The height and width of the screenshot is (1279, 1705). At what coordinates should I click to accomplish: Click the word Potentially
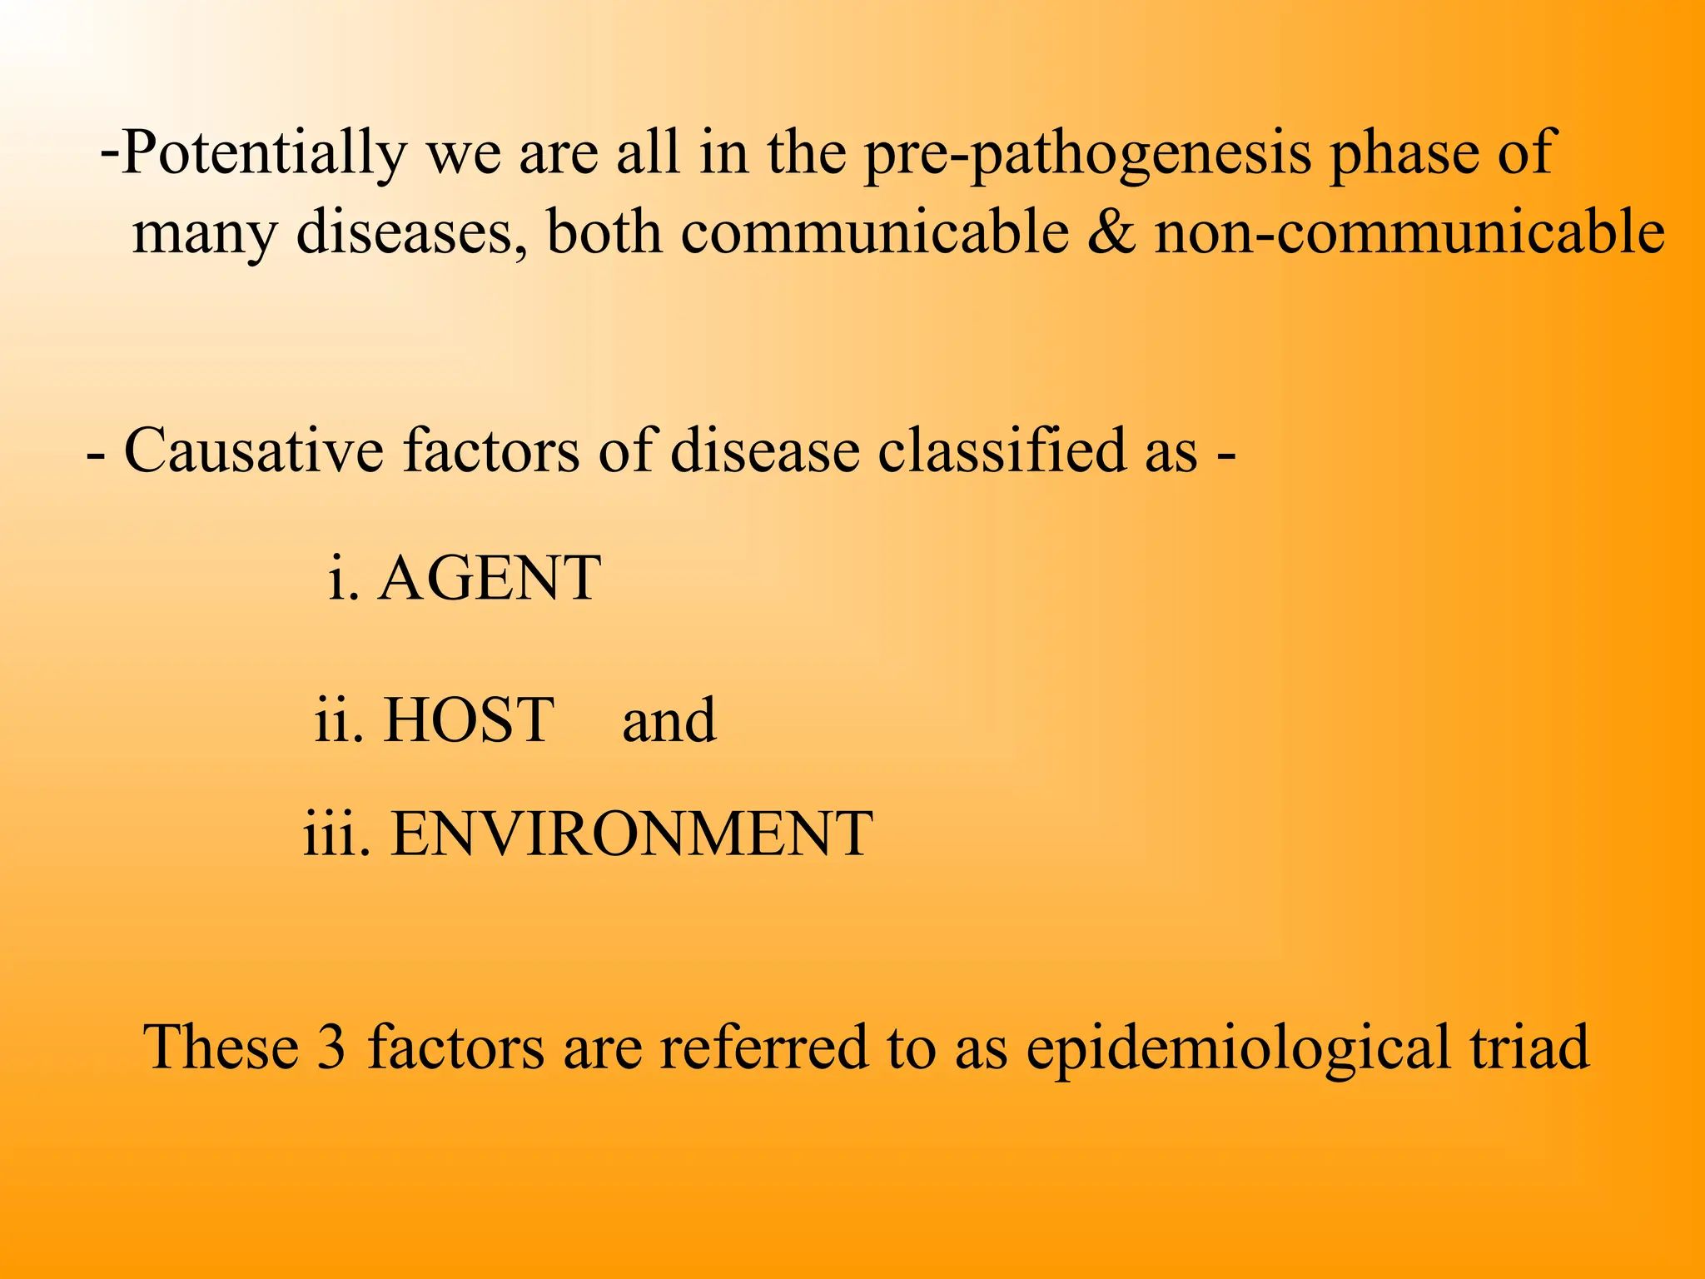pyautogui.click(x=264, y=154)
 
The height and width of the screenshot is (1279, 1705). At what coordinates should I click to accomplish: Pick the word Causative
pyautogui.click(x=254, y=450)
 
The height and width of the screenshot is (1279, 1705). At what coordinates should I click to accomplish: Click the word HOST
pyautogui.click(x=469, y=719)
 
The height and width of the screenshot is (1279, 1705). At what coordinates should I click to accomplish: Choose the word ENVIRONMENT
pyautogui.click(x=632, y=834)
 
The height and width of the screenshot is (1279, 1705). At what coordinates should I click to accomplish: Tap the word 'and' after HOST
pyautogui.click(x=669, y=721)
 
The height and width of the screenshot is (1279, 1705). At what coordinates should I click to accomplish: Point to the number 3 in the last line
pyautogui.click(x=331, y=1047)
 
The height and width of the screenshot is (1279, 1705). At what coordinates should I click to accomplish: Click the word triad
pyautogui.click(x=1529, y=1047)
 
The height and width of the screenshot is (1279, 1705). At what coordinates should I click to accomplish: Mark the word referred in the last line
pyautogui.click(x=763, y=1047)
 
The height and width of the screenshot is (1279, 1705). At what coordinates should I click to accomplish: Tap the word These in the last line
pyautogui.click(x=221, y=1047)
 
